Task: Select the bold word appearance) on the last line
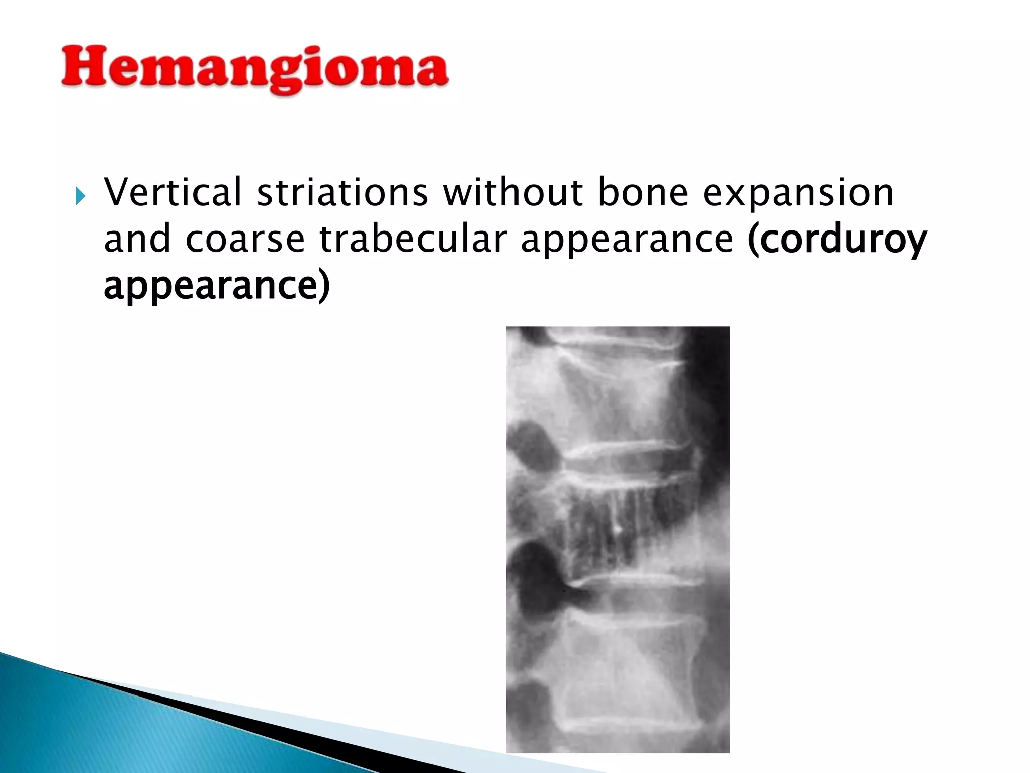[x=216, y=286]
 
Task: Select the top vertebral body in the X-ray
[x=619, y=393]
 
